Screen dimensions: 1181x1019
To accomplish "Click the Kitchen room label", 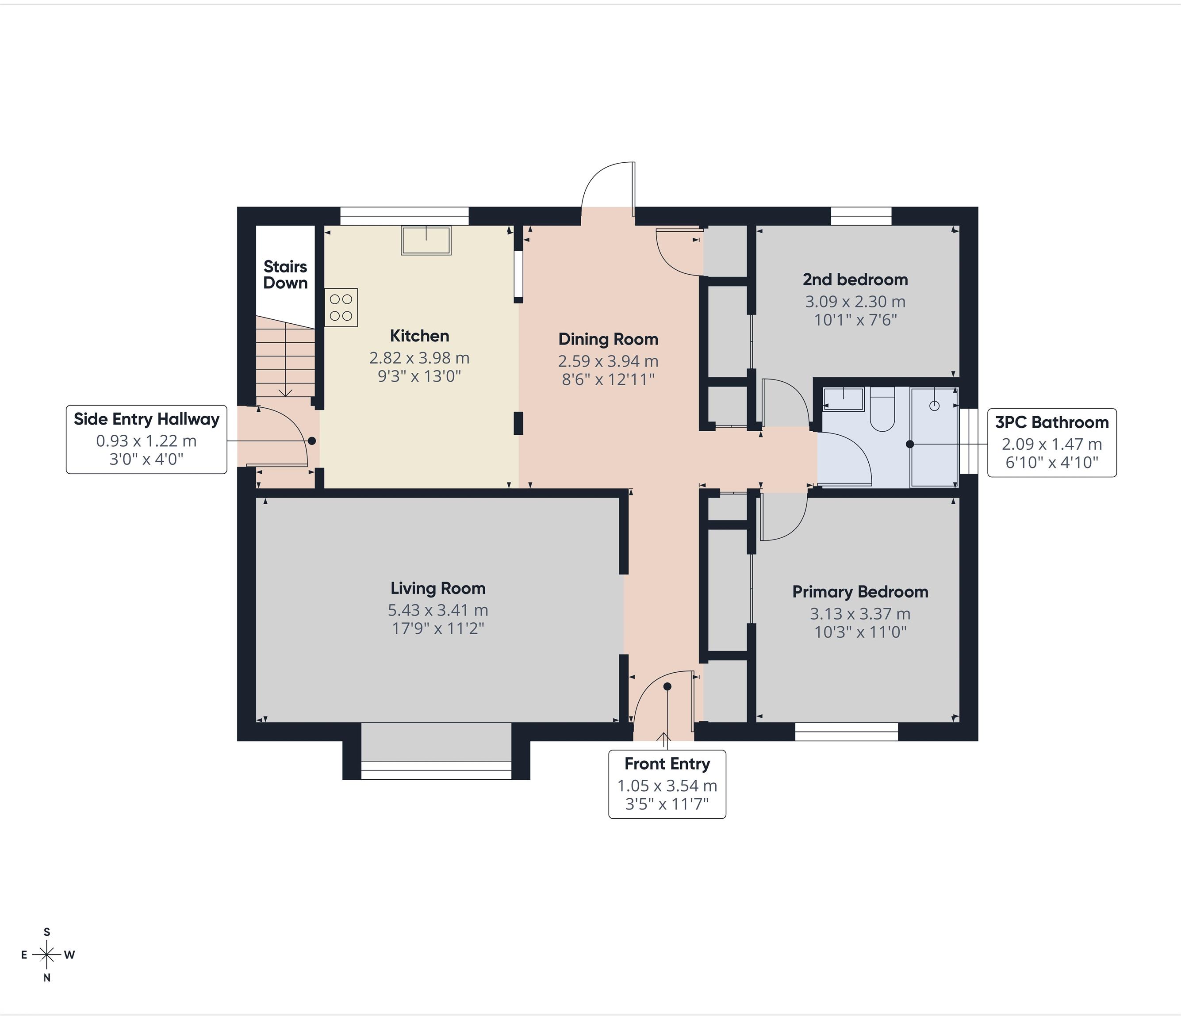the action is pos(419,336).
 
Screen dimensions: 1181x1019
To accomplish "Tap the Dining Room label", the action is pos(608,339).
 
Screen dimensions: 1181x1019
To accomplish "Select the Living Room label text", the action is pos(438,588).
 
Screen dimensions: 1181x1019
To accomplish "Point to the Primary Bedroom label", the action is pos(860,592).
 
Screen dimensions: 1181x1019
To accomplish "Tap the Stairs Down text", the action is pos(285,275).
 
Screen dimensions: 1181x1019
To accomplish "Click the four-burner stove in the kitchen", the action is pos(341,307).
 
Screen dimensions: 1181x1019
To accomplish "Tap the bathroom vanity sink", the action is pos(844,399).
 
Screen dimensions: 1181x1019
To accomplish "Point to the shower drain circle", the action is pos(934,406).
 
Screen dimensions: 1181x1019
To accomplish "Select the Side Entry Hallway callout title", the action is pos(146,419).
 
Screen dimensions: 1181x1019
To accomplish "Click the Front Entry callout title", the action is pos(667,764).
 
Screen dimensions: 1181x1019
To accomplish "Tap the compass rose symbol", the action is pos(47,954).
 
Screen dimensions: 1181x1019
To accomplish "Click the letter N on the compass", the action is pos(47,978).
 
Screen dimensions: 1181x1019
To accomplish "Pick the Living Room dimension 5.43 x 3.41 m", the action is pos(438,610).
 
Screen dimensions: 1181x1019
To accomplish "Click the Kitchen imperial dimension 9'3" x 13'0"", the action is pos(419,376).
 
